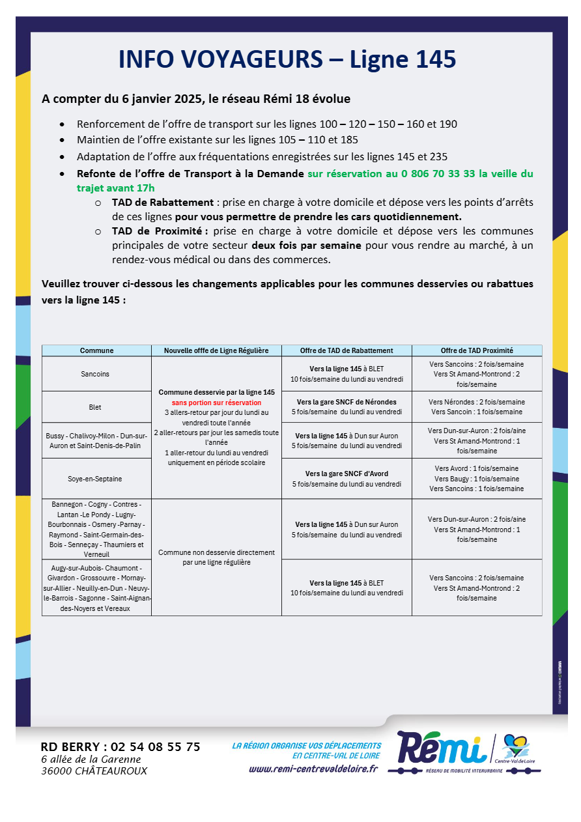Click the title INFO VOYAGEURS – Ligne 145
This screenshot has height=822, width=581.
[287, 59]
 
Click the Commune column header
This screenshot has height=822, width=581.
[96, 350]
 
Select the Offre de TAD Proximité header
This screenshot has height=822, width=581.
[476, 350]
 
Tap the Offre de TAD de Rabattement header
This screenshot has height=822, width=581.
[347, 350]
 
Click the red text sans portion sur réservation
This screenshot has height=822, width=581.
[216, 403]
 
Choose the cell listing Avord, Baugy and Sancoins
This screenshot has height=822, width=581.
[476, 478]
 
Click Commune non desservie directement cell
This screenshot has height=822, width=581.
[216, 557]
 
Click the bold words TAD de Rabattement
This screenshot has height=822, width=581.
[162, 203]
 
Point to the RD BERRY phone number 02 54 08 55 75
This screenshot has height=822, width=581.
[156, 747]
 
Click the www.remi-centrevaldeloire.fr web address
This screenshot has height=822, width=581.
[313, 769]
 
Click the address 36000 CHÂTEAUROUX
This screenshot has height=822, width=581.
[94, 771]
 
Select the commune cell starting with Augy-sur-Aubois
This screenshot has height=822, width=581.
[96, 588]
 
